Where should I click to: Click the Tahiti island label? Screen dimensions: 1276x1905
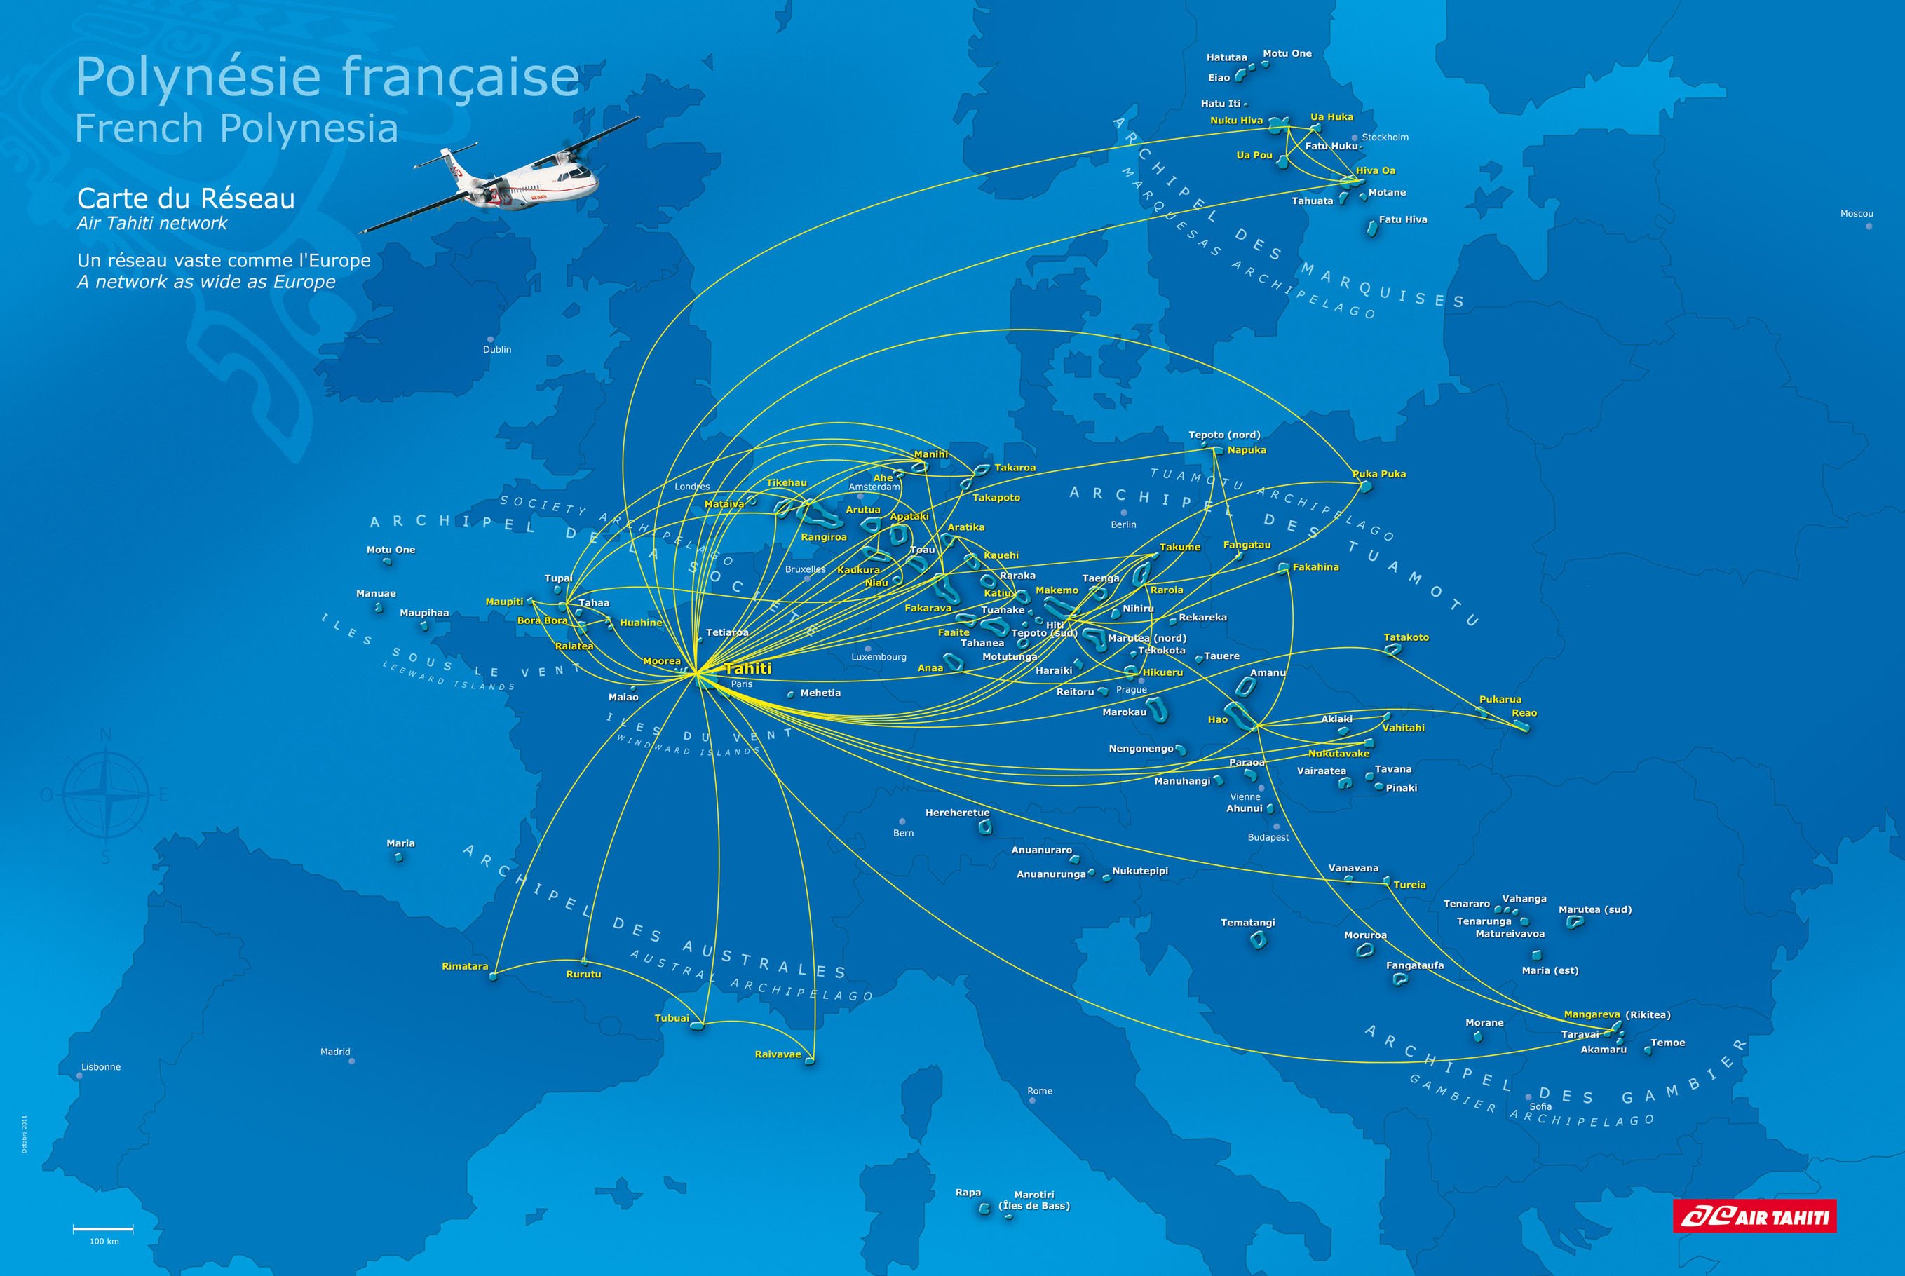click(x=747, y=669)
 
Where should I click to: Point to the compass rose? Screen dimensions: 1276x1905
click(x=105, y=796)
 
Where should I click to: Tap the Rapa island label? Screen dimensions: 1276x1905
click(x=968, y=1192)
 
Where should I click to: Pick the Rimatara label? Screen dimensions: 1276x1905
click(x=465, y=967)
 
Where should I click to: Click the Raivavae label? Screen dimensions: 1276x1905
click(x=778, y=1054)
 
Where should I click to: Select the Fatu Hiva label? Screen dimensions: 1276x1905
click(x=1402, y=219)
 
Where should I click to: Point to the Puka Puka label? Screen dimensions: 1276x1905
click(x=1378, y=474)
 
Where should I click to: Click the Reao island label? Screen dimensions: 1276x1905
click(x=1524, y=713)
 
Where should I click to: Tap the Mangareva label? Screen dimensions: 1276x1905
click(x=1592, y=1014)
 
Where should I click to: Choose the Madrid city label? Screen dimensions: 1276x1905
click(x=335, y=1052)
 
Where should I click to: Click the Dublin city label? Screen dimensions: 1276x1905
click(x=497, y=349)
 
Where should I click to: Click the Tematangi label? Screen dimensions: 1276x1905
click(x=1247, y=923)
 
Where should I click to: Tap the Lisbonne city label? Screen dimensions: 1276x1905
click(x=101, y=1067)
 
